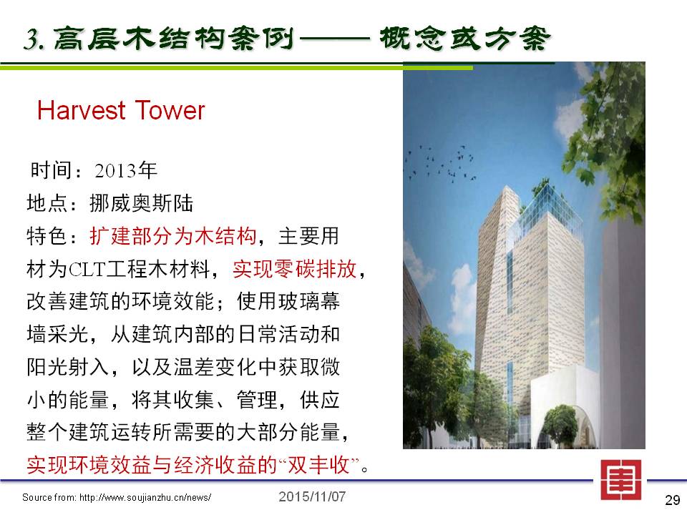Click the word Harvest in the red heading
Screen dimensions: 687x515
pyautogui.click(x=82, y=110)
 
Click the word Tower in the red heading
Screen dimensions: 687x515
pyautogui.click(x=170, y=110)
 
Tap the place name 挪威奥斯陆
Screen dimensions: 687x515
pyautogui.click(x=141, y=203)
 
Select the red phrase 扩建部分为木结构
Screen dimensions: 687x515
pyautogui.click(x=172, y=236)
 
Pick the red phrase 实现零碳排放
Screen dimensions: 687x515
pyautogui.click(x=294, y=269)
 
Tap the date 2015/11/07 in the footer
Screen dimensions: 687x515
pyautogui.click(x=312, y=496)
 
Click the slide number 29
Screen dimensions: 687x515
pyautogui.click(x=673, y=500)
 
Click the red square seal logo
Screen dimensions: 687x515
pyautogui.click(x=621, y=480)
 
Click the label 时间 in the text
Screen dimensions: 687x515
pyautogui.click(x=50, y=170)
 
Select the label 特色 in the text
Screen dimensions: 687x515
pyautogui.click(x=47, y=236)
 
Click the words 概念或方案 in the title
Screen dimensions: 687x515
pyautogui.click(x=464, y=39)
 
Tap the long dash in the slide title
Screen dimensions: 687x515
pyautogui.click(x=335, y=39)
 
